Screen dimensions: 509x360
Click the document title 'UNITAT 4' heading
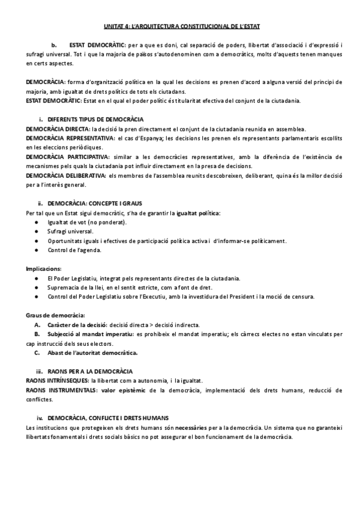pyautogui.click(x=179, y=26)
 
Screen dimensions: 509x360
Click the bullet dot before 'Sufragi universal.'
pyautogui.click(x=38, y=231)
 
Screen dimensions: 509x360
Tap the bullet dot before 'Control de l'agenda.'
pyautogui.click(x=38, y=250)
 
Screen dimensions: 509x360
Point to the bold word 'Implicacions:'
pyautogui.click(x=44, y=268)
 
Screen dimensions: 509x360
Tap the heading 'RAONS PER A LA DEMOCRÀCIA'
pyautogui.click(x=90, y=372)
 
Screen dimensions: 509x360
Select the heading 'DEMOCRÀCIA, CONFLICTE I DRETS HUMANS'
pyautogui.click(x=108, y=417)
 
